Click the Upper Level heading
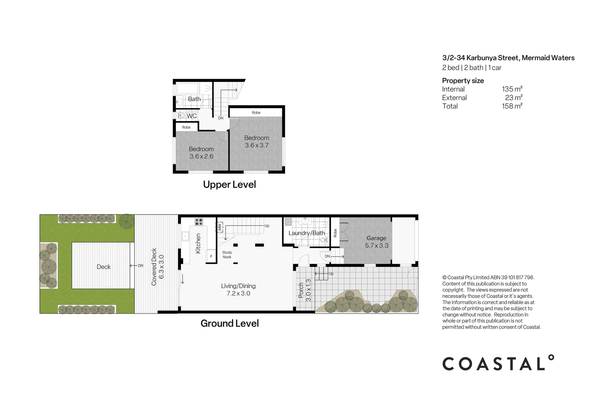(229, 184)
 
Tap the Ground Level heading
(229, 323)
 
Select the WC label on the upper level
(192, 116)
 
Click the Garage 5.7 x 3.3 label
(376, 242)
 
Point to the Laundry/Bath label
(306, 233)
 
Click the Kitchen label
(198, 243)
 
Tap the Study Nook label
(227, 255)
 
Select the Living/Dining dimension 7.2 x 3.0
(238, 293)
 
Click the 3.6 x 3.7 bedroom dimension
(256, 145)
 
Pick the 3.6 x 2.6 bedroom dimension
(201, 156)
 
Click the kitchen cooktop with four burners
(199, 222)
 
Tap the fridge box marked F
(211, 256)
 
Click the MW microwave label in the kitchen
(220, 227)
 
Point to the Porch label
(301, 290)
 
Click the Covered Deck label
(154, 267)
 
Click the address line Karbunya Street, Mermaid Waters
(508, 58)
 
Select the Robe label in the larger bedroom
(256, 113)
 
